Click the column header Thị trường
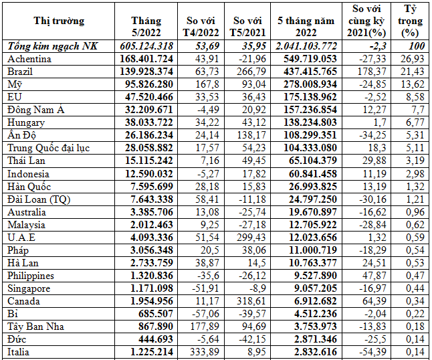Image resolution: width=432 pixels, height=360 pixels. click(x=59, y=21)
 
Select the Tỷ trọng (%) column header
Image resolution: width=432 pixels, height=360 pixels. click(x=411, y=20)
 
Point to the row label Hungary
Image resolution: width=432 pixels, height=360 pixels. click(x=25, y=122)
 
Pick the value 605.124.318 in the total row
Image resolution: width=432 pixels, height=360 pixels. click(x=146, y=46)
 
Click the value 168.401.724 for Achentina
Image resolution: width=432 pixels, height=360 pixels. click(x=146, y=58)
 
